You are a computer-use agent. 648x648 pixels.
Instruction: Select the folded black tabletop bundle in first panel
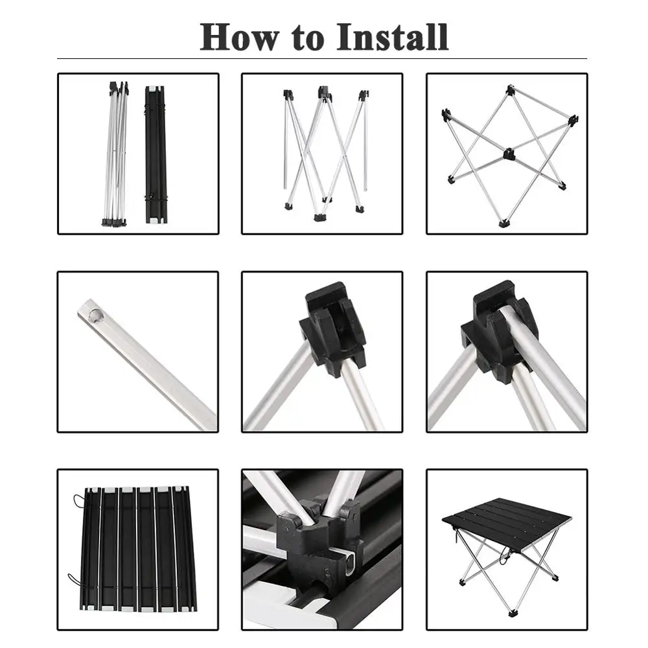(156, 155)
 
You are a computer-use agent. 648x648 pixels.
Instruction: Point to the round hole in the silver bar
(95, 316)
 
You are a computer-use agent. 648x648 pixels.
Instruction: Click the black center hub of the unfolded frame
(508, 154)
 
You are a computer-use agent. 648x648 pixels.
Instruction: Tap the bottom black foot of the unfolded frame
(503, 224)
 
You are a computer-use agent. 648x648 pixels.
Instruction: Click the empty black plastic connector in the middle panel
(332, 329)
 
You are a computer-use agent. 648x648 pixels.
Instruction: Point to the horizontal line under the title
(322, 59)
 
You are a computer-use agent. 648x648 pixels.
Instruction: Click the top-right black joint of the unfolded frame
(573, 121)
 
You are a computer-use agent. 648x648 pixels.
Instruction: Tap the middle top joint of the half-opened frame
(325, 93)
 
